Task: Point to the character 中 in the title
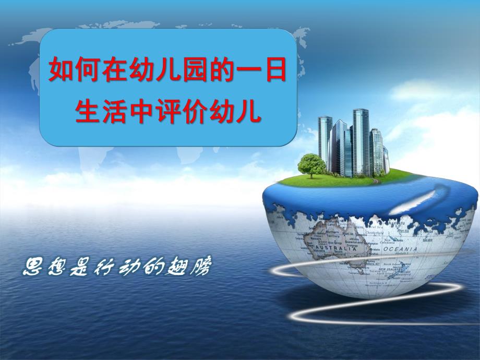pos(141,112)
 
